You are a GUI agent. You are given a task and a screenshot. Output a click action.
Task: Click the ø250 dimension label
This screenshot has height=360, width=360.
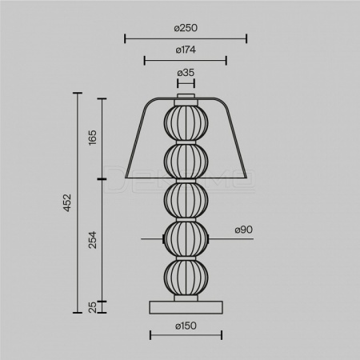click(x=186, y=28)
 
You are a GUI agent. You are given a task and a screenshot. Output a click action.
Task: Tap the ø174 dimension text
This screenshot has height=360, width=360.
click(x=186, y=50)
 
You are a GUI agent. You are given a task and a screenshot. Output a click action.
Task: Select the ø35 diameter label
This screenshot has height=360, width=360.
click(x=186, y=73)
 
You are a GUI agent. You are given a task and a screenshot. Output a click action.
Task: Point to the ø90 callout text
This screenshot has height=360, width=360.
click(x=244, y=230)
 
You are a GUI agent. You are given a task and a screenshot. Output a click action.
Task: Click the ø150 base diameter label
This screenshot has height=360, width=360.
click(x=186, y=326)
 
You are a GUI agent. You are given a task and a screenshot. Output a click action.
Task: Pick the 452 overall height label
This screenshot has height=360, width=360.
click(x=67, y=202)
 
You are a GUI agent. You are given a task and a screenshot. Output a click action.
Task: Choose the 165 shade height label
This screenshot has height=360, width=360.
click(x=93, y=138)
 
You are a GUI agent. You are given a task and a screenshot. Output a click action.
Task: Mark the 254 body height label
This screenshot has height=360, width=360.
click(x=93, y=240)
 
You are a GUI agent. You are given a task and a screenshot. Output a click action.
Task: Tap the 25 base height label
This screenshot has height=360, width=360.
click(x=93, y=307)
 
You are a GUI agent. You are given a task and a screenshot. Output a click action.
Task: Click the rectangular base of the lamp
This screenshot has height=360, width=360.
click(x=186, y=307)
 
